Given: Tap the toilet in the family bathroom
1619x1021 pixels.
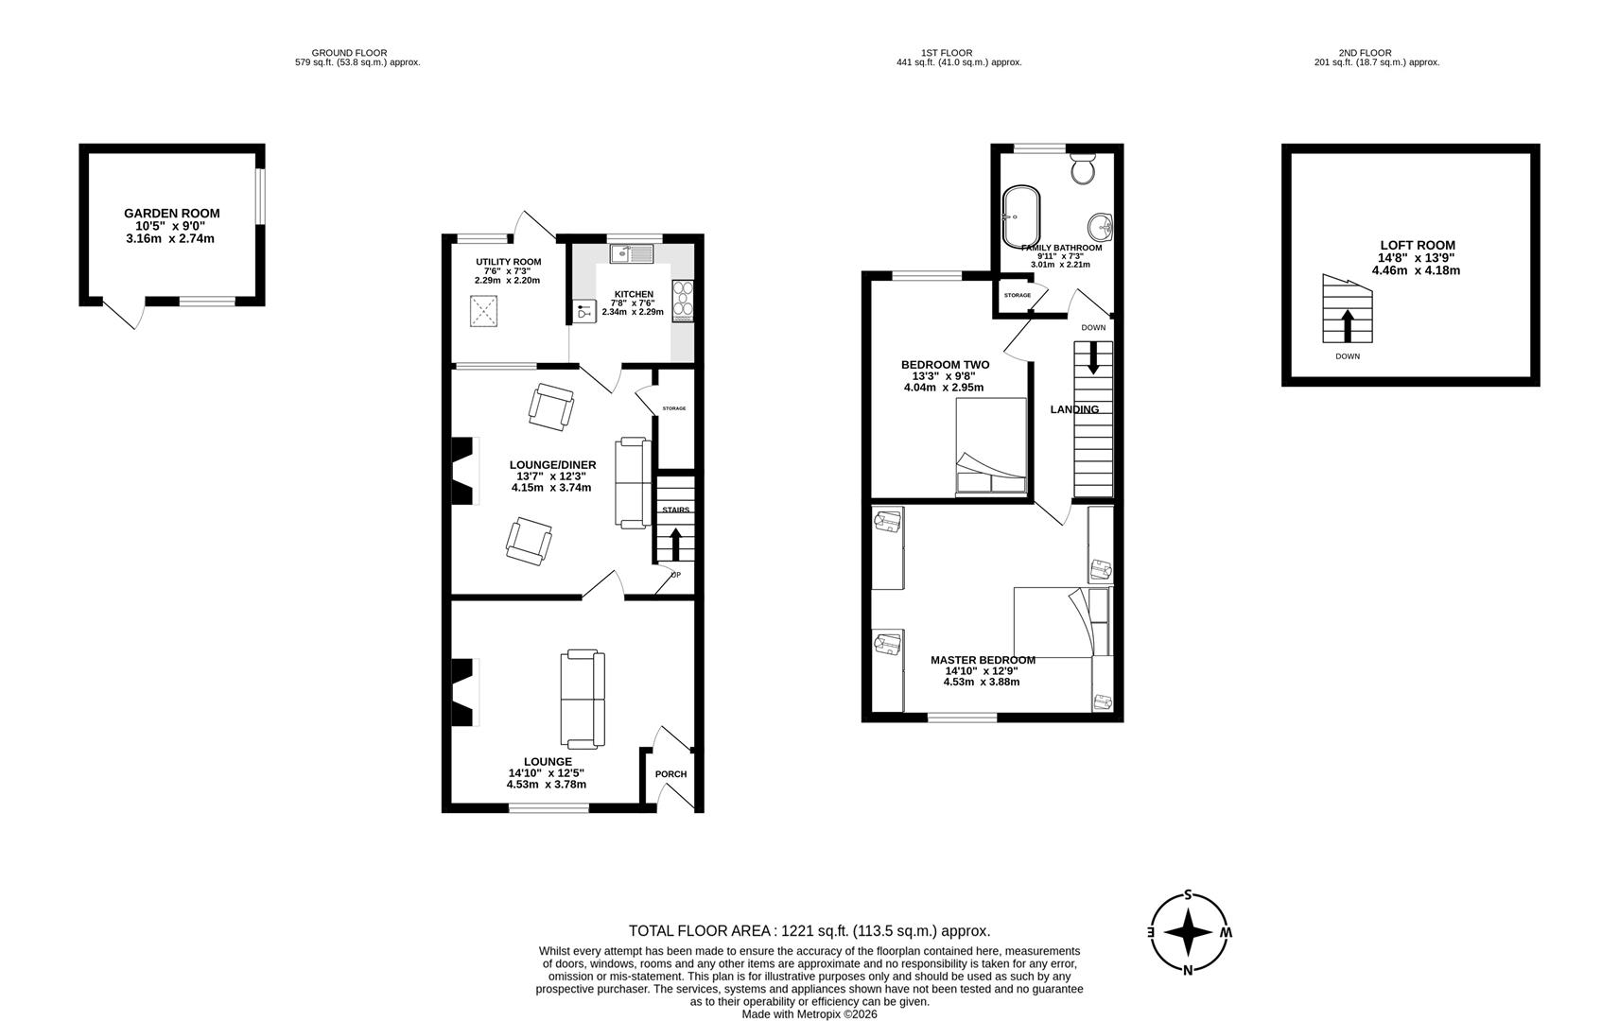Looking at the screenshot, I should [x=1084, y=171].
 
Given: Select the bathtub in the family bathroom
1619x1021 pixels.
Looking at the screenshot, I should [x=1021, y=216].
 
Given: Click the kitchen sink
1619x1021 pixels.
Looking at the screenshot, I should [x=630, y=253].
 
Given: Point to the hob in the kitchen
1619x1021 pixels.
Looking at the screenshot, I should [x=682, y=302].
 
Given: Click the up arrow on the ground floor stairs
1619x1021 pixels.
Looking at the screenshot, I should [x=675, y=545].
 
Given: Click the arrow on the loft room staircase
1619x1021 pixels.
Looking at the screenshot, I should [x=1347, y=325].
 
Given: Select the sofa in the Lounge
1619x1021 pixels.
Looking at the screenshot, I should [x=583, y=699].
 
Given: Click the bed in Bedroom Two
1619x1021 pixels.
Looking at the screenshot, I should [x=990, y=446].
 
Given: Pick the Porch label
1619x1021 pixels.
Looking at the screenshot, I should [x=670, y=774].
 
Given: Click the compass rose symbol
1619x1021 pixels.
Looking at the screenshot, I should [x=1189, y=933].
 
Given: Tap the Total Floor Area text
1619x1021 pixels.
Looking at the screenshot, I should [x=809, y=930].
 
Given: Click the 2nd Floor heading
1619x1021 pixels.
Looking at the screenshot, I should [x=1364, y=53].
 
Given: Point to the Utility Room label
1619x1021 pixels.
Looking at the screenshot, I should [x=508, y=262].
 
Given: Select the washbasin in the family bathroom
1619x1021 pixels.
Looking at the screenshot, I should [x=1100, y=227].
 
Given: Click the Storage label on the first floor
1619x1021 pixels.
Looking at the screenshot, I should [x=1018, y=295].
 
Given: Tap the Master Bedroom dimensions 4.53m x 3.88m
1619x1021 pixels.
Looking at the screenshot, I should [x=982, y=682].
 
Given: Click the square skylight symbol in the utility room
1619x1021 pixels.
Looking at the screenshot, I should [x=484, y=311].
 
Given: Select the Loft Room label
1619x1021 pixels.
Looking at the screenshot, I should [x=1416, y=245].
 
